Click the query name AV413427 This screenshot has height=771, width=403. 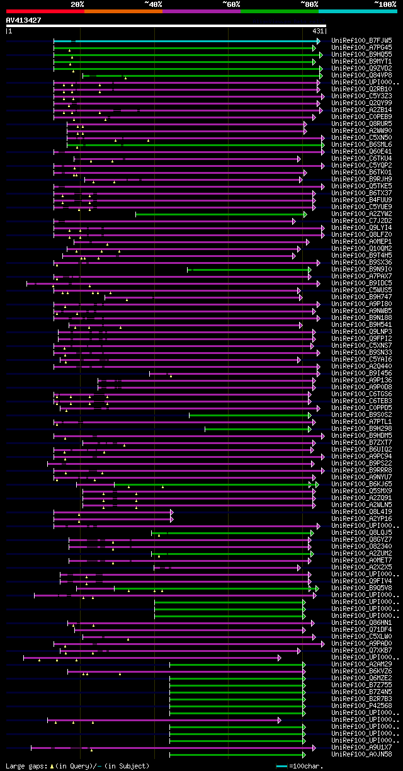pos(24,20)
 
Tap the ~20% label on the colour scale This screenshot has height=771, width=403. pos(77,4)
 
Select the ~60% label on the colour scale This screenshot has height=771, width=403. pos(231,4)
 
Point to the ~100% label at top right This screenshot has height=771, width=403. pos(385,4)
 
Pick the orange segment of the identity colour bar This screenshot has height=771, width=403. pos(123,11)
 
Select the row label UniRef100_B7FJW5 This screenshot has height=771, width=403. pos(361,40)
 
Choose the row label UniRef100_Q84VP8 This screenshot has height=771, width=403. pos(361,75)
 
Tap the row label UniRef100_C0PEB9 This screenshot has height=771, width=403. pos(361,117)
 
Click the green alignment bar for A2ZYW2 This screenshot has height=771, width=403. pos(220,214)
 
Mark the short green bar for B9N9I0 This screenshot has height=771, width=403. pos(249,270)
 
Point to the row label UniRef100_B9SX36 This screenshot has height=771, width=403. pos(361,262)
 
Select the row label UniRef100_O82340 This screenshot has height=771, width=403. pos(361,546)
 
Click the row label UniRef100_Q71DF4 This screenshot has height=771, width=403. pos(361,629)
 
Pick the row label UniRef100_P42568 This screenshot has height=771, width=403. pos(361,705)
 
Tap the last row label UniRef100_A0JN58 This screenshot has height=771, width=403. pos(361,754)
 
